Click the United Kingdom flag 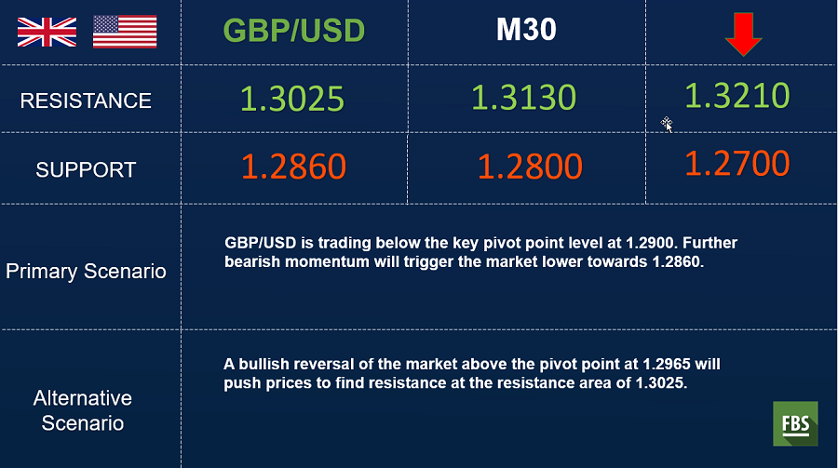tap(47, 32)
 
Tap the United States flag tap(125, 32)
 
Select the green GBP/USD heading tap(294, 31)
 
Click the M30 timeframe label tap(526, 30)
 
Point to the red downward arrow tap(743, 34)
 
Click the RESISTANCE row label tap(86, 100)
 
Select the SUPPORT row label tap(86, 170)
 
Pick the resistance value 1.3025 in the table tap(292, 99)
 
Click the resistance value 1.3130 tap(523, 98)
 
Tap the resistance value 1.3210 tap(737, 96)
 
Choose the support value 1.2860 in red tap(294, 167)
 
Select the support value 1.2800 tap(530, 167)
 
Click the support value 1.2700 tap(737, 164)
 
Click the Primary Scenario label tap(86, 272)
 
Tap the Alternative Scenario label tap(83, 411)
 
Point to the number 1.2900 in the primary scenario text tap(650, 243)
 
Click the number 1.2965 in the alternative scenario tap(667, 365)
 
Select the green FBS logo tap(795, 423)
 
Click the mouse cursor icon tap(667, 125)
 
